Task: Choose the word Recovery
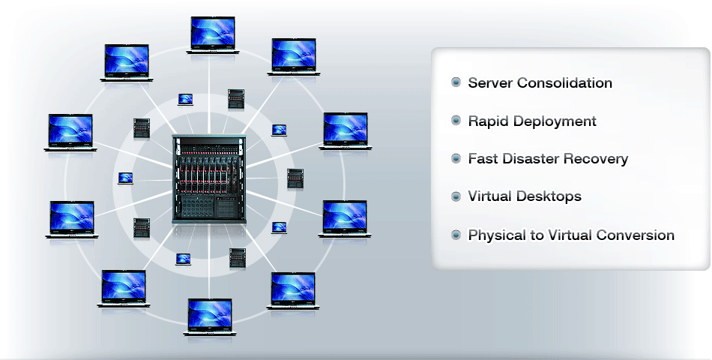point(595,159)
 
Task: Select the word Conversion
point(636,235)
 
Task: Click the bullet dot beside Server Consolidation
point(456,82)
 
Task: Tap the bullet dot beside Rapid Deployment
point(456,121)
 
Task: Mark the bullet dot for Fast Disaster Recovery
point(456,158)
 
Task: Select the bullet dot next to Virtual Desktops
point(456,196)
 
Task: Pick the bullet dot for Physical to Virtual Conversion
point(456,235)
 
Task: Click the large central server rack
point(209,179)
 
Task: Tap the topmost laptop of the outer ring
point(213,35)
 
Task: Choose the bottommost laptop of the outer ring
point(210,317)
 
